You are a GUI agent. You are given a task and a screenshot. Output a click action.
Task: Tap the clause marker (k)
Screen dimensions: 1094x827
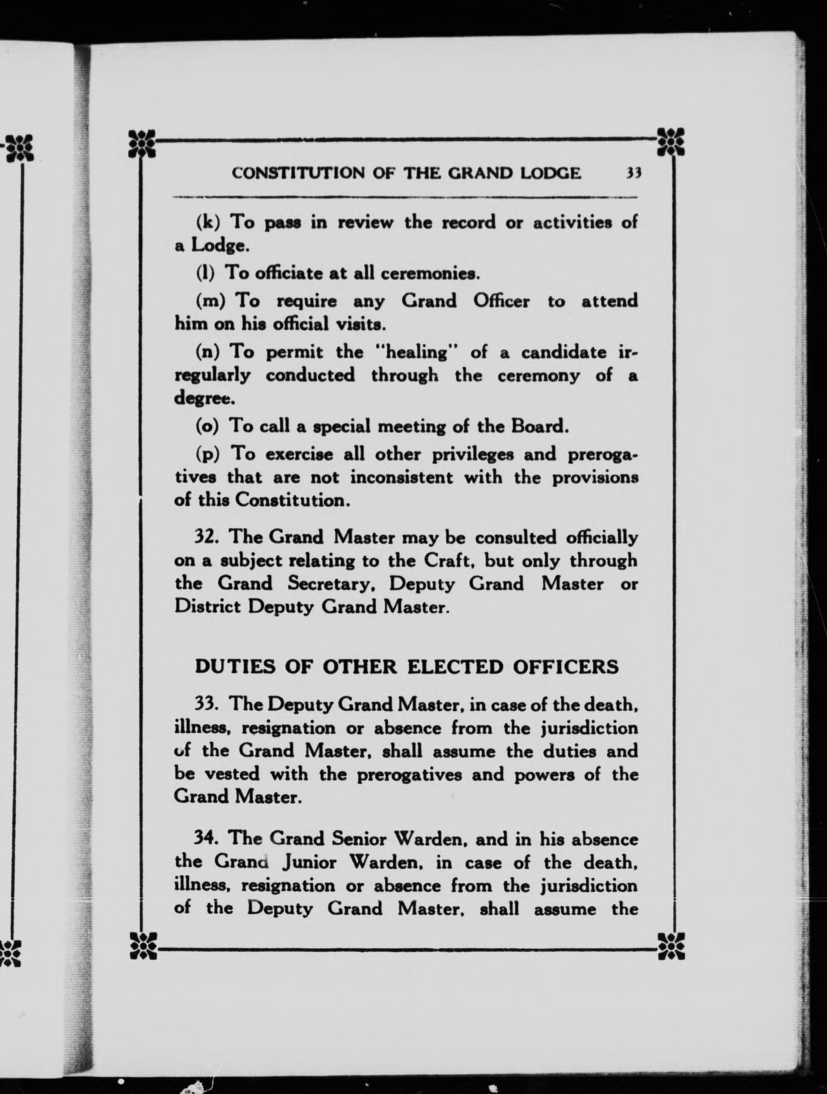(x=207, y=222)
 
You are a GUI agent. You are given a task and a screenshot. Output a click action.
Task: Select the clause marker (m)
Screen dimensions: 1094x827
(x=211, y=301)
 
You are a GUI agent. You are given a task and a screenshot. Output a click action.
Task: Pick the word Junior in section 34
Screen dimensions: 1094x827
(x=310, y=863)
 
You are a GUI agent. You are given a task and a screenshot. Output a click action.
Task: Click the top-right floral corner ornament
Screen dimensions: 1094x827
(x=671, y=143)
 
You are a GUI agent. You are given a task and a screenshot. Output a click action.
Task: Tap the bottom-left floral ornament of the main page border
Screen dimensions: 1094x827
(x=142, y=945)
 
